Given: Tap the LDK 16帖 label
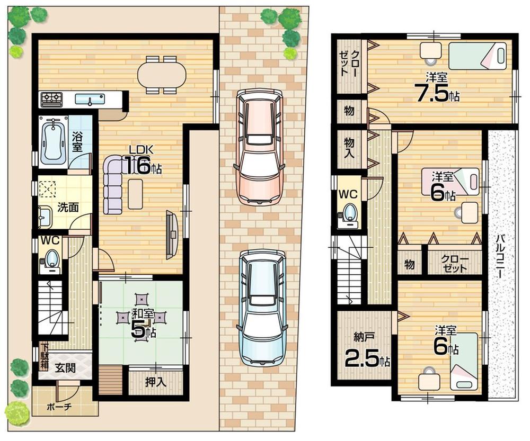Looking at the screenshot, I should (142, 161).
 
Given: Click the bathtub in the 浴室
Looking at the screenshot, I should (54, 142).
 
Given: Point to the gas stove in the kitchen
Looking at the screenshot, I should (52, 98).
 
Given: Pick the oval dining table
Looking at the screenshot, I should (162, 74).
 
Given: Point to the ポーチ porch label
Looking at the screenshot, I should (59, 407).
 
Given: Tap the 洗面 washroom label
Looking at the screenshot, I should (68, 208).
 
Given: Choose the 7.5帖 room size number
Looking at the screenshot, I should (432, 94).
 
